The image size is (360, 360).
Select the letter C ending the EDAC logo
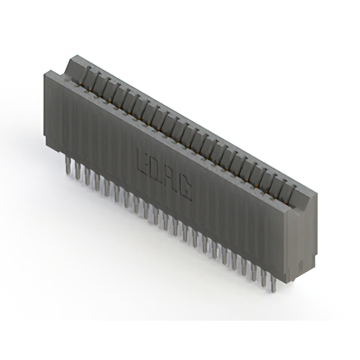coord(185,189)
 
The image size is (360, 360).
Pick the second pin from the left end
coord(78,170)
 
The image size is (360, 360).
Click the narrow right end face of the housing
coord(298,242)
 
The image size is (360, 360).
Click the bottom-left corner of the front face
coord(46,147)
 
